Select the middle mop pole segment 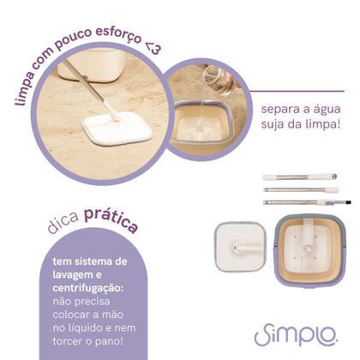300,189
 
